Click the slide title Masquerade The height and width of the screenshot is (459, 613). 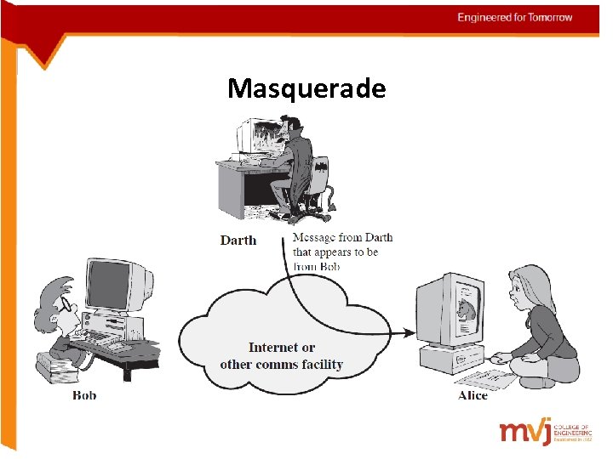[306, 88]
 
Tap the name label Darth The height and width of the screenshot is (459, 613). [238, 241]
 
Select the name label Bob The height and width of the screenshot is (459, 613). [84, 395]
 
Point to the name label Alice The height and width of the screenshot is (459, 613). [473, 395]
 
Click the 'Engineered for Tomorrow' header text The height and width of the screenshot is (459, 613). [514, 18]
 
